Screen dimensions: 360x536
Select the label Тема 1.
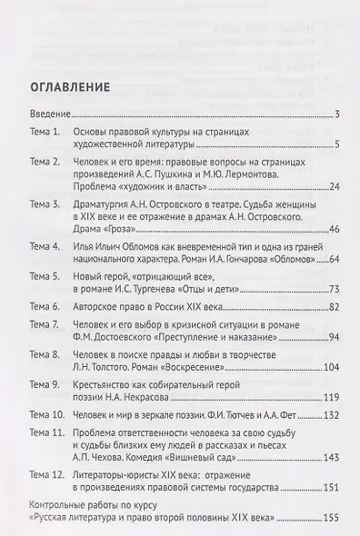45,133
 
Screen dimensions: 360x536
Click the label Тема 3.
45,206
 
